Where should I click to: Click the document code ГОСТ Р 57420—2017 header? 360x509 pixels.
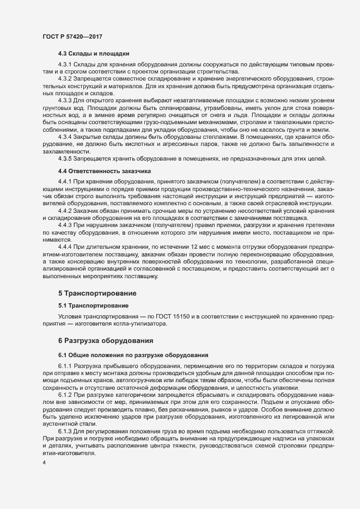pos(72,36)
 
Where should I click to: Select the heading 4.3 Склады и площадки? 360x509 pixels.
pos(93,53)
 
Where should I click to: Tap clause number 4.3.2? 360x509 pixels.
pos(66,79)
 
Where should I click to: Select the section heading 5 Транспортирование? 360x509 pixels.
pos(97,293)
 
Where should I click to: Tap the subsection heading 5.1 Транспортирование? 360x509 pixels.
pos(93,305)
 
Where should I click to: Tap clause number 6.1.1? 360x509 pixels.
pos(66,365)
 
